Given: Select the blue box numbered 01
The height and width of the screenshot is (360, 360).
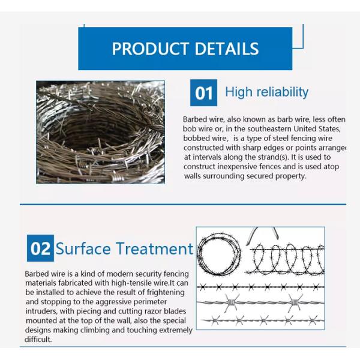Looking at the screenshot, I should (203, 92).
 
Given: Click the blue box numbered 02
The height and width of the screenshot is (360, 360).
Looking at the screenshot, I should (40, 248).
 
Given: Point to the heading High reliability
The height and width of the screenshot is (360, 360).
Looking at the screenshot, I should (266, 92).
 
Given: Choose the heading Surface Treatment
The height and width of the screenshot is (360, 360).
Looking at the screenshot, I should (124, 248).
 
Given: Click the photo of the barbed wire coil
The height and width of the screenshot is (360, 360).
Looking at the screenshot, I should (100, 132).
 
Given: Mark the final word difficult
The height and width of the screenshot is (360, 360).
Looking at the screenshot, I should (38, 339).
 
